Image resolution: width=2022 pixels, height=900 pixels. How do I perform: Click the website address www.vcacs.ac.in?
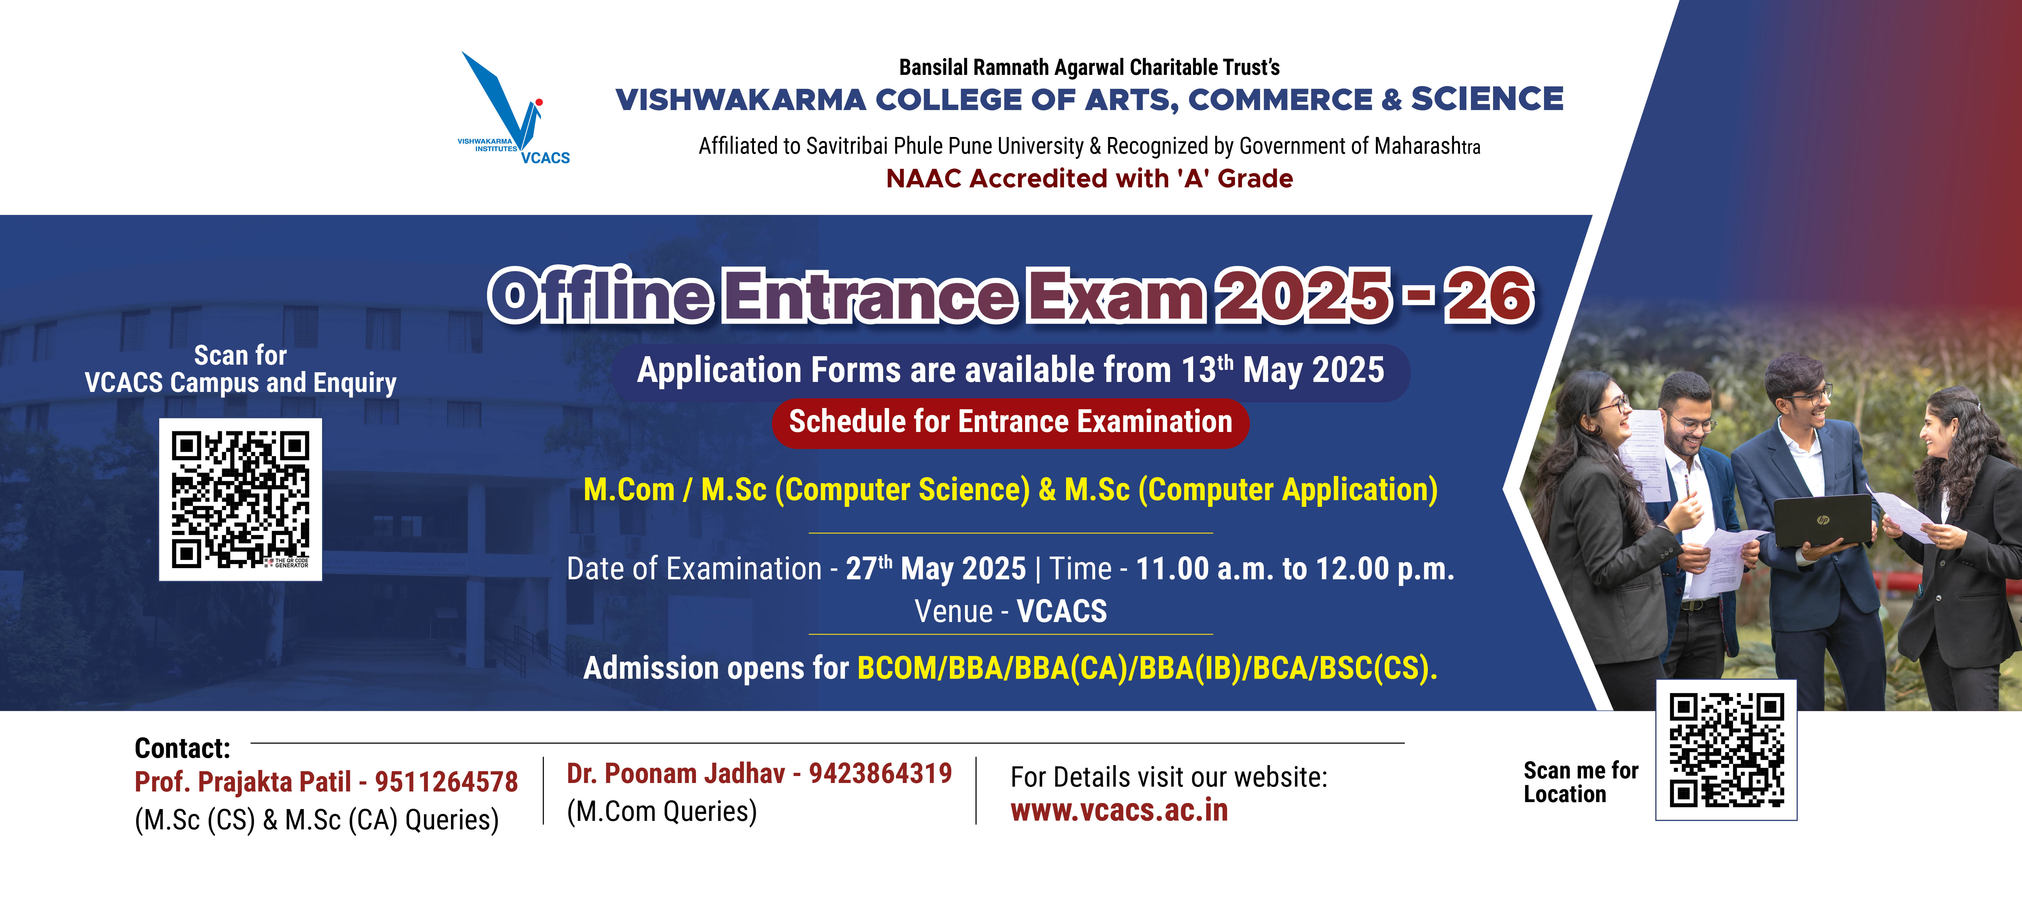(1119, 811)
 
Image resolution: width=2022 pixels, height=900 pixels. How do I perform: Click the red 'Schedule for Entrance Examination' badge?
(1010, 422)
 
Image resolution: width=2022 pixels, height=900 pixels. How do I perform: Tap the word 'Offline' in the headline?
(601, 296)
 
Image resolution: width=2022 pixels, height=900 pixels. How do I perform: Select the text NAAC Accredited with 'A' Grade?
(1089, 179)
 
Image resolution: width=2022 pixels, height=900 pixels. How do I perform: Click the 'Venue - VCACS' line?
(1010, 611)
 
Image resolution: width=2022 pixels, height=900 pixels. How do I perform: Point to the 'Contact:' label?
(182, 748)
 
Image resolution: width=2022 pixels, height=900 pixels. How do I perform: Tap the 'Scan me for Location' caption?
(1580, 782)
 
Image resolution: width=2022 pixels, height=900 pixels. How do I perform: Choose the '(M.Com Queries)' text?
(662, 811)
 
